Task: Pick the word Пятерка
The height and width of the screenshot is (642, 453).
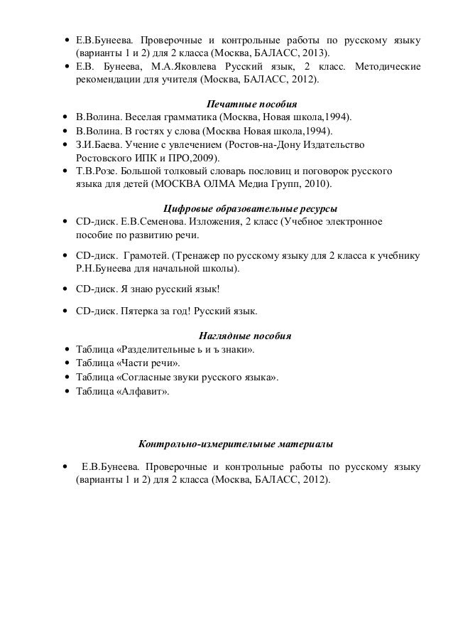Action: pos(131,311)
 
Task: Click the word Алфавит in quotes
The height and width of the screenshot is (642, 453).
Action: pos(145,390)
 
